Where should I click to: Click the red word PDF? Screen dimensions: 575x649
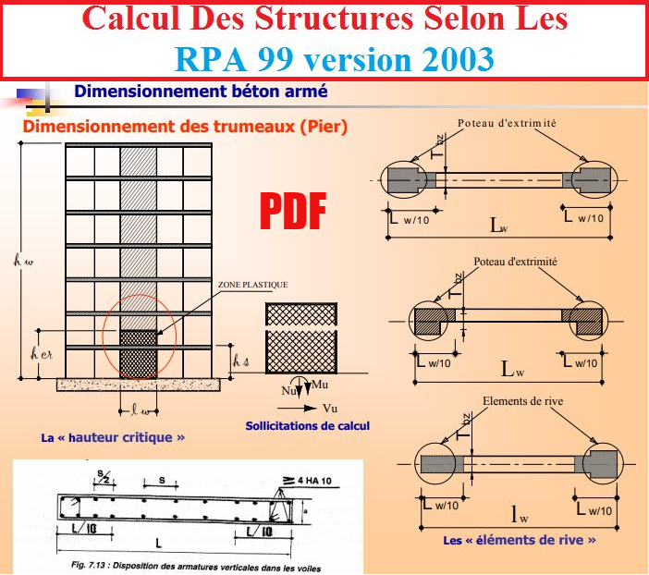click(x=291, y=211)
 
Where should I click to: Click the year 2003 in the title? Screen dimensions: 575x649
click(x=450, y=59)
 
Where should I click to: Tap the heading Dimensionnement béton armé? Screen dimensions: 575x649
click(x=201, y=92)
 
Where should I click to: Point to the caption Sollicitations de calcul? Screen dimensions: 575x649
click(x=307, y=426)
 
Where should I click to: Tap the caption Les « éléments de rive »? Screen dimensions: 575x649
click(x=519, y=539)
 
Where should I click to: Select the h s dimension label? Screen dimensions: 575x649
click(x=239, y=360)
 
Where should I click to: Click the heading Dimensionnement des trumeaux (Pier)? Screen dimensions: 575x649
click(x=185, y=128)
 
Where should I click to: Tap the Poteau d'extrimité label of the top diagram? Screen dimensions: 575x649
click(x=503, y=123)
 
